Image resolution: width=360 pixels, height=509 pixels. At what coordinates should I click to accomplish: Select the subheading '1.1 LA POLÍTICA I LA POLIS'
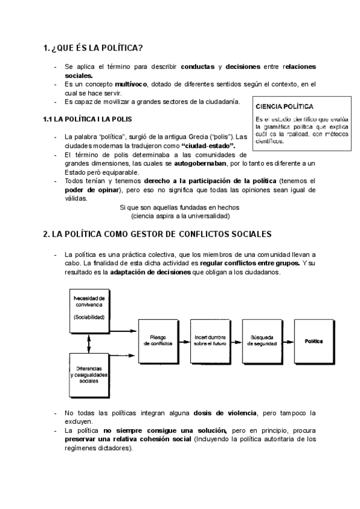(91, 119)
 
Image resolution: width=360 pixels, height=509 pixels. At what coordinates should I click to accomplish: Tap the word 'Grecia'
(199, 137)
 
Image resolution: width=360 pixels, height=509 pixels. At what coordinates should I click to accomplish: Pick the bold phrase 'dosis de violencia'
(224, 414)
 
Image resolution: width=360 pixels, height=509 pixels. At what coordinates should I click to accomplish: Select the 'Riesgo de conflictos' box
(158, 341)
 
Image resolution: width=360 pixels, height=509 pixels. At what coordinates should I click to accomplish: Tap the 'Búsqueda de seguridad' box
(259, 341)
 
